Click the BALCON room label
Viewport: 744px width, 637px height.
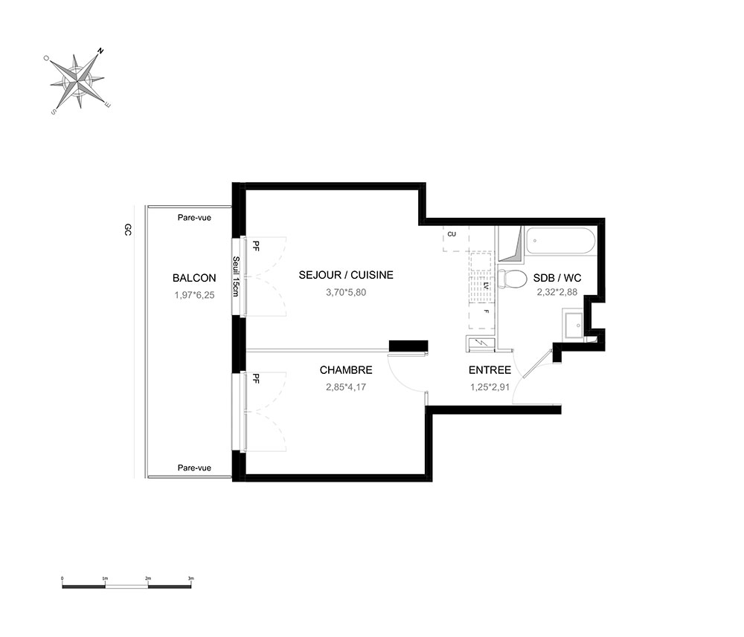194,278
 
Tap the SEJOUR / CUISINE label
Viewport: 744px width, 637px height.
346,275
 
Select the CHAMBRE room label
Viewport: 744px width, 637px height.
346,369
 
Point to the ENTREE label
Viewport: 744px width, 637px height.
490,369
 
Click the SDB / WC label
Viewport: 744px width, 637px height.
557,278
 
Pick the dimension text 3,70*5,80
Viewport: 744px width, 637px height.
346,292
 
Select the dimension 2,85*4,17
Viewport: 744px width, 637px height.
346,387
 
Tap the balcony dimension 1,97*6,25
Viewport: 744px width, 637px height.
194,295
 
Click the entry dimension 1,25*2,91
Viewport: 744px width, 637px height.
490,387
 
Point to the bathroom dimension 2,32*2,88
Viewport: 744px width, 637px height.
557,292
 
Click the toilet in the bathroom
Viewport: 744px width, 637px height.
512,278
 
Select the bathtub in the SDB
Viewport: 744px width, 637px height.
560,241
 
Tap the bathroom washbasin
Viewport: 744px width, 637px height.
574,325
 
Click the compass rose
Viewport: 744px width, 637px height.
77,81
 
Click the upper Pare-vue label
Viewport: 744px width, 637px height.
194,218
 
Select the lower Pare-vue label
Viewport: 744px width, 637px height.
194,468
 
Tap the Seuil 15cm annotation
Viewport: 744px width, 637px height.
235,277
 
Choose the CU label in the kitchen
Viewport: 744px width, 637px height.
452,234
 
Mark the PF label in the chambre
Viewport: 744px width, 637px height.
256,378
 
